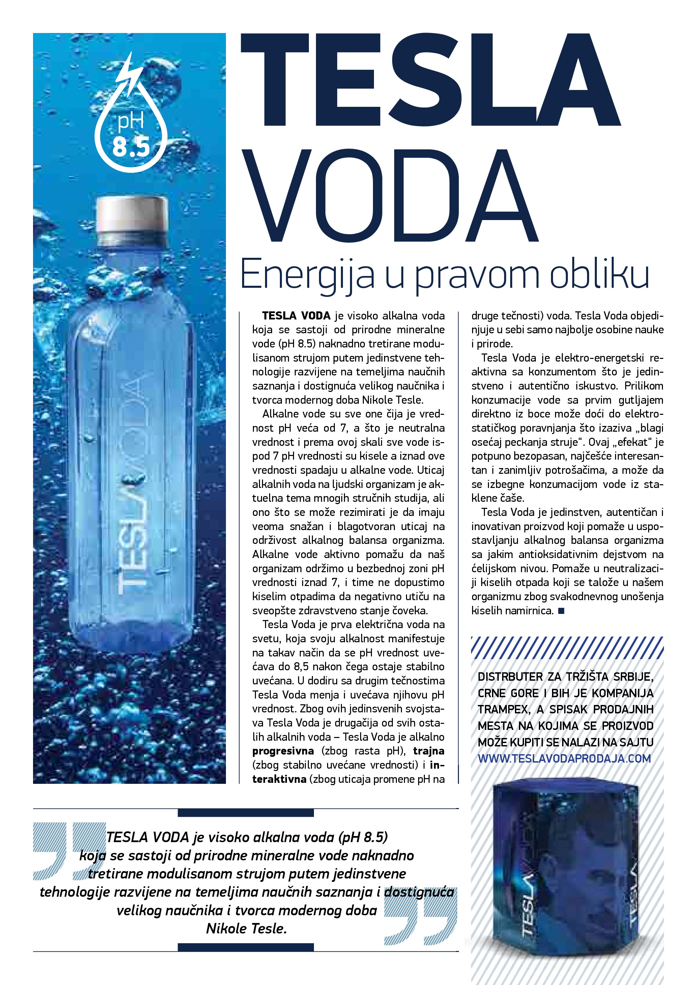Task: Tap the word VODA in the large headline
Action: (x=388, y=196)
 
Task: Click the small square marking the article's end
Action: (x=561, y=611)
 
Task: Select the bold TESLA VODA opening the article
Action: (x=296, y=316)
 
